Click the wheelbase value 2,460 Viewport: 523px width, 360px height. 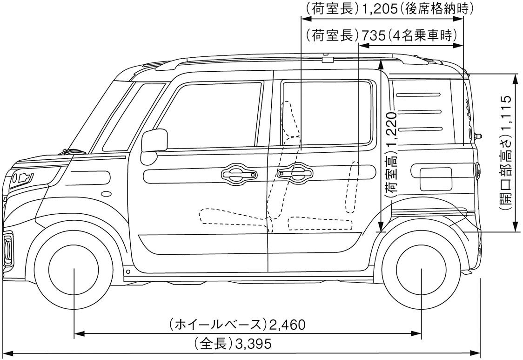pos(288,324)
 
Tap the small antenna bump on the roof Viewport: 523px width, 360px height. pos(328,59)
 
